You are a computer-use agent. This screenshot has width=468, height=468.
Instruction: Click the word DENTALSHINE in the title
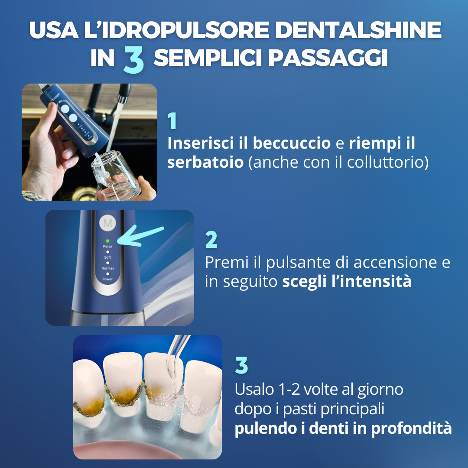point(358,30)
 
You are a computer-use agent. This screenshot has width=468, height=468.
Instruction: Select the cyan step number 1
point(172,121)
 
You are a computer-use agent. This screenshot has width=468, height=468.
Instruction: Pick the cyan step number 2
point(211,240)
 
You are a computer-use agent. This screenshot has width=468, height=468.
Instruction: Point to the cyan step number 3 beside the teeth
point(241,365)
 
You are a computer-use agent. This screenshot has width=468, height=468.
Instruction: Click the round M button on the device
point(107,223)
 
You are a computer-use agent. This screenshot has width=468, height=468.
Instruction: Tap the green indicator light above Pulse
point(107,240)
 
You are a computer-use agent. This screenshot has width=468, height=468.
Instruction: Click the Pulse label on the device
point(107,246)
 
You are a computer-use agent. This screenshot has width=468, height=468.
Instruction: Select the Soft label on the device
point(107,257)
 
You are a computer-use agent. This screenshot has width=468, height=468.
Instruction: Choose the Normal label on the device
point(107,268)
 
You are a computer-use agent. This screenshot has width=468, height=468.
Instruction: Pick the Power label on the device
point(107,279)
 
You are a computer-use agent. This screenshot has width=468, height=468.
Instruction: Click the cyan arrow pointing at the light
point(140,236)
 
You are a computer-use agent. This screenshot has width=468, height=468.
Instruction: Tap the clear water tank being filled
point(117,175)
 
